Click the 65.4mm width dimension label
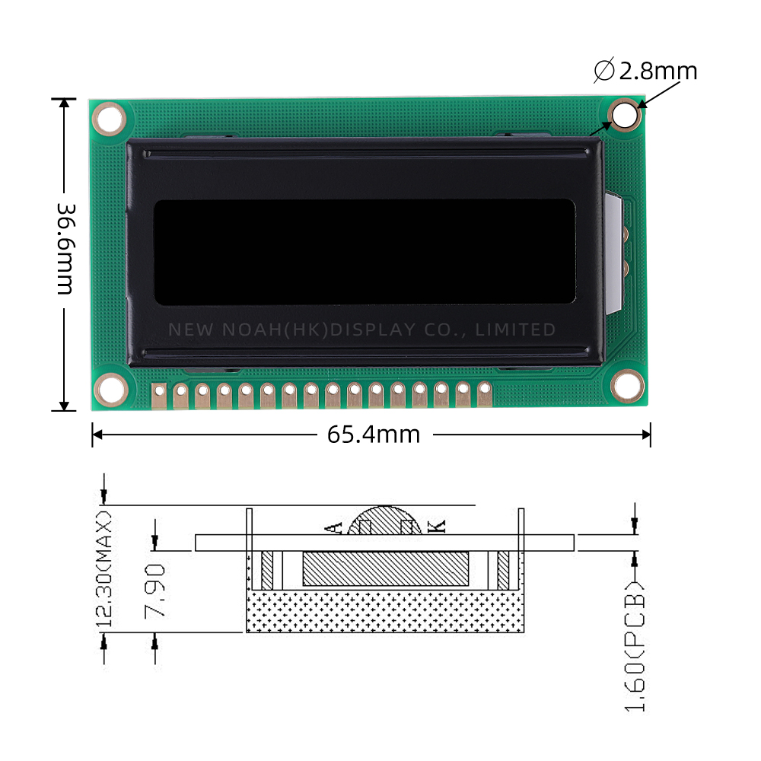(373, 435)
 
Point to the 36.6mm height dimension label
(65, 249)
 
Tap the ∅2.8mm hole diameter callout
(645, 71)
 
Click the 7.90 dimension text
(155, 591)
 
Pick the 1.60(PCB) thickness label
(635, 646)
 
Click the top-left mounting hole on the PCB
(109, 119)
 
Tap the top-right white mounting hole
(625, 115)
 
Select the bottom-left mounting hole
(110, 389)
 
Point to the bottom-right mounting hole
(627, 385)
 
